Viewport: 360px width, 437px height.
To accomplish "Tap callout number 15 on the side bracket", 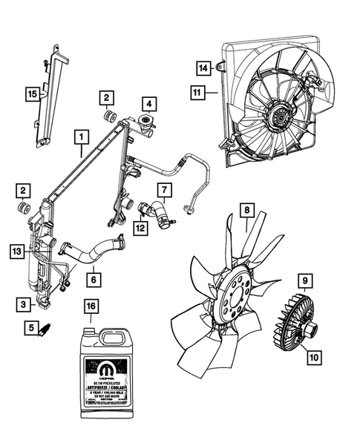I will pyautogui.click(x=30, y=93).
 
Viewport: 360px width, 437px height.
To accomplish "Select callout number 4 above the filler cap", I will pyautogui.click(x=149, y=103).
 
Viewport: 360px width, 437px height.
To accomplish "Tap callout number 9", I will pyautogui.click(x=304, y=280).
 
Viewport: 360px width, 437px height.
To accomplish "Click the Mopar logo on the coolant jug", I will pyautogui.click(x=97, y=367).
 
